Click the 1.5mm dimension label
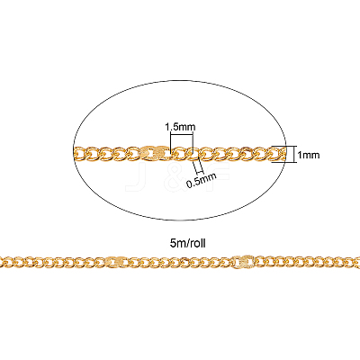pyautogui.click(x=180, y=127)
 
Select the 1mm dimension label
pyautogui.click(x=309, y=155)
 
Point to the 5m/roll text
pyautogui.click(x=188, y=243)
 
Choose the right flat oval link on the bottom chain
pyautogui.click(x=243, y=261)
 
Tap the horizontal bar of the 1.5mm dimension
pyautogui.click(x=182, y=134)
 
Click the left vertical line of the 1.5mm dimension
pyautogui.click(x=170, y=143)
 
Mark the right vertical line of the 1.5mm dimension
pyautogui.click(x=193, y=143)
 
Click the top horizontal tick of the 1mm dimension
pyautogui.click(x=283, y=146)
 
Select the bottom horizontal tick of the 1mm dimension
pyautogui.click(x=283, y=162)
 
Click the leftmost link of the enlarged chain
pyautogui.click(x=79, y=155)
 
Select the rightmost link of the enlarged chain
pyautogui.click(x=276, y=153)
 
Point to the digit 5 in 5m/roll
pyautogui.click(x=172, y=243)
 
